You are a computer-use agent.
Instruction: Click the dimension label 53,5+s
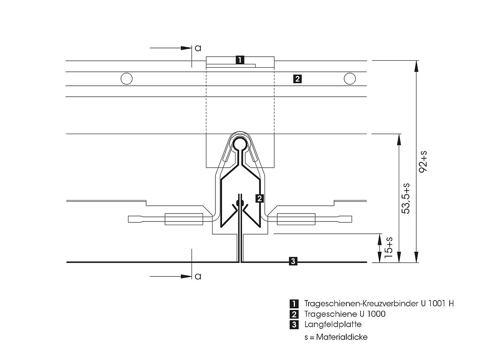pyautogui.click(x=406, y=198)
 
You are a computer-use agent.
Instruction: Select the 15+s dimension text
pyautogui.click(x=389, y=247)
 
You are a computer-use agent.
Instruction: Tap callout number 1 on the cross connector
pyautogui.click(x=240, y=59)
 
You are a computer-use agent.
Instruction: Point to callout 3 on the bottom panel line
pyautogui.click(x=293, y=261)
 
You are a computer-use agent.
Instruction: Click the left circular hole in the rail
pyautogui.click(x=126, y=79)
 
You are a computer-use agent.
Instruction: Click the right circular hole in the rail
pyautogui.click(x=350, y=79)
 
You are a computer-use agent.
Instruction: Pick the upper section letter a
pyautogui.click(x=198, y=48)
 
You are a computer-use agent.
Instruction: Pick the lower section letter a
pyautogui.click(x=198, y=276)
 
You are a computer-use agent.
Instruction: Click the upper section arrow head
pyautogui.click(x=186, y=48)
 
